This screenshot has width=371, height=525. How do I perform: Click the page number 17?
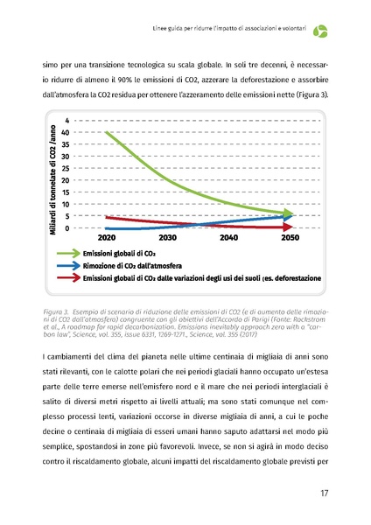coord(324,493)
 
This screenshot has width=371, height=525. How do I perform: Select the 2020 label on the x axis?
coord(107,237)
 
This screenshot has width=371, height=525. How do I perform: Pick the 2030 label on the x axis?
coord(167,237)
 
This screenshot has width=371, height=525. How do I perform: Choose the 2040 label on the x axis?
coord(228,237)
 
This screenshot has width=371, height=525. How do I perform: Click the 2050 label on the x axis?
coord(290,237)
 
